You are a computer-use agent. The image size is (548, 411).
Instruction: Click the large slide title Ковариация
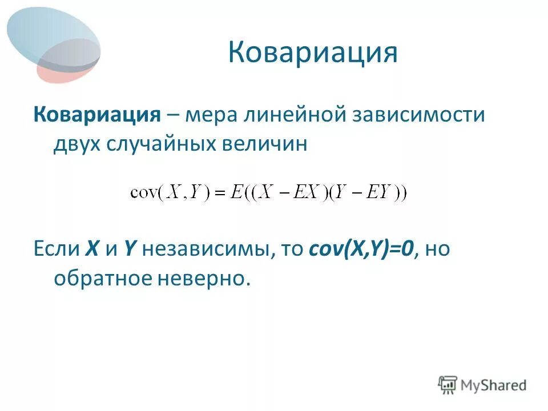coord(312,53)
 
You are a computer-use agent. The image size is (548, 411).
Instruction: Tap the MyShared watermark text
coord(494,385)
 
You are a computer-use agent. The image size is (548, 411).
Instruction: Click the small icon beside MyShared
coord(448,384)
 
